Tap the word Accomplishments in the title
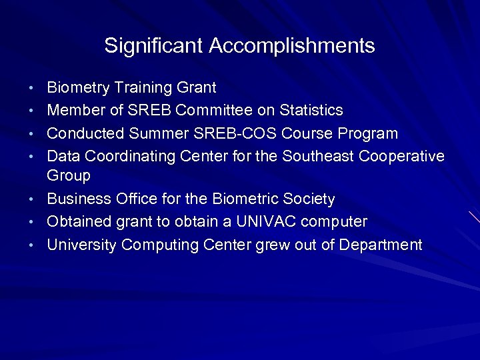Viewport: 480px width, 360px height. coord(291,46)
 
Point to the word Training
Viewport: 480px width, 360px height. coord(144,88)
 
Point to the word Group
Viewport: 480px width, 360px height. coord(69,176)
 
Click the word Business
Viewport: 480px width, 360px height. coord(77,199)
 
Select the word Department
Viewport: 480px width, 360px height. coord(381,245)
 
